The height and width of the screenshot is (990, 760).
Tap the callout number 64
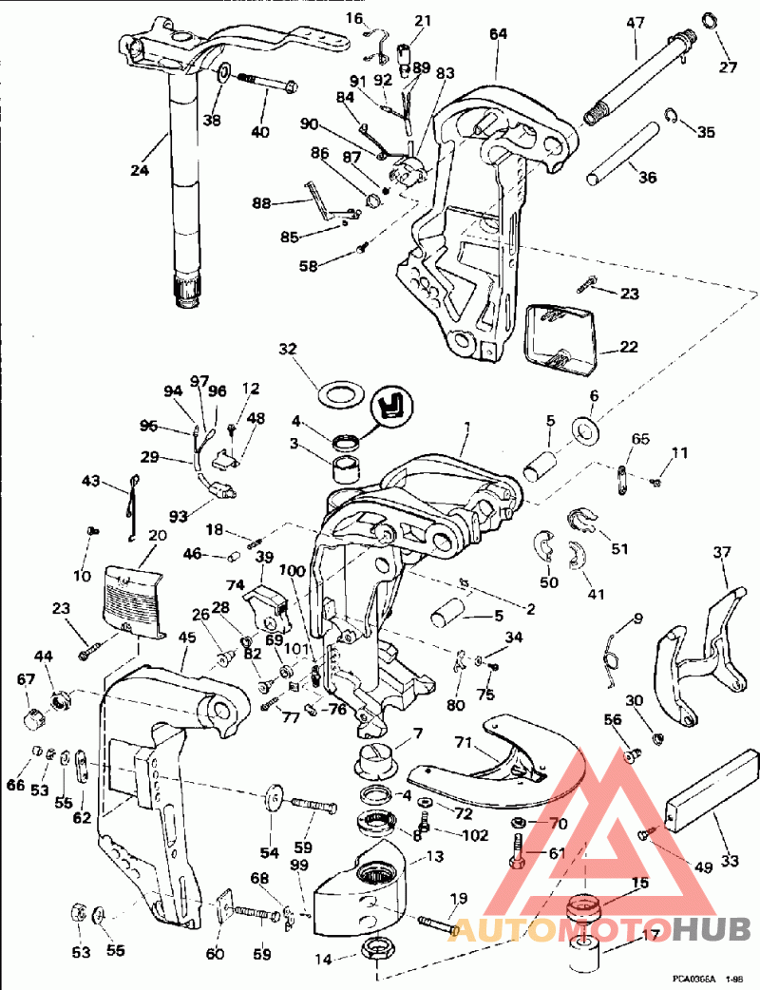(498, 34)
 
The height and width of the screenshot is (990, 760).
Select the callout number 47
(636, 21)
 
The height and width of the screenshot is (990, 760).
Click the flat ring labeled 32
(340, 391)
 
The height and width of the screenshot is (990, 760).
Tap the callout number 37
(723, 552)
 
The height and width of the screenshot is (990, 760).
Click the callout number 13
(434, 857)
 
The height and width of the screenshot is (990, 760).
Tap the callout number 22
(629, 347)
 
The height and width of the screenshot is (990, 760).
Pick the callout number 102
(476, 836)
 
